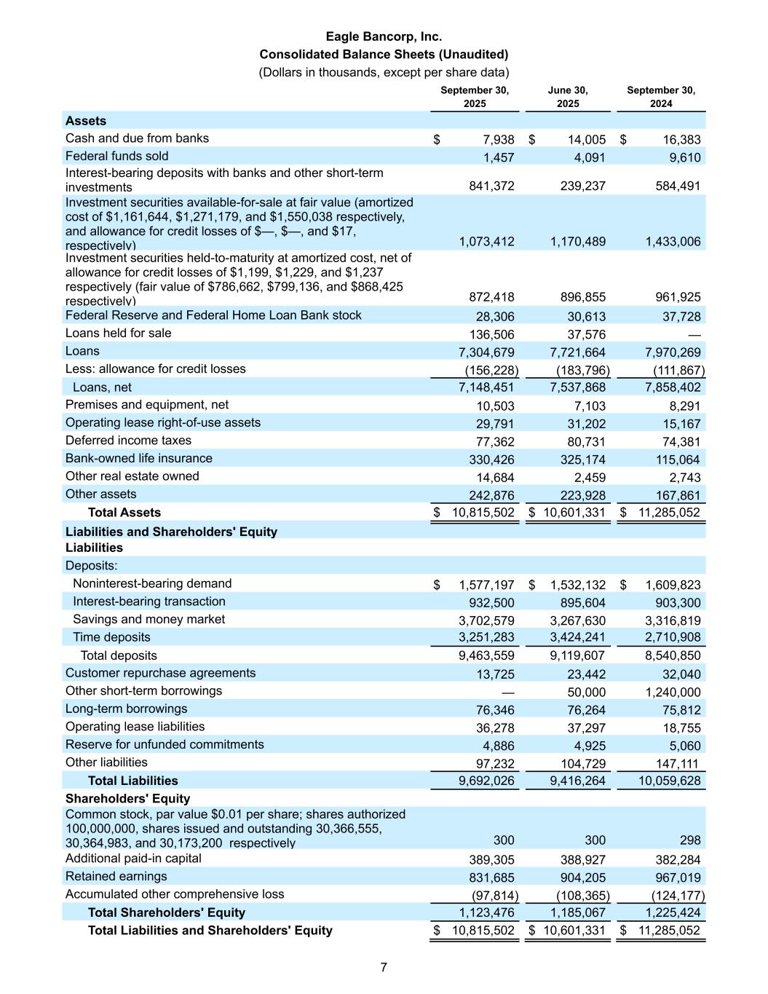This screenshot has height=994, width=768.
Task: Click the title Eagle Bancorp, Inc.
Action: [x=384, y=36]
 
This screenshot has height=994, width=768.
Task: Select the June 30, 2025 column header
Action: [x=568, y=97]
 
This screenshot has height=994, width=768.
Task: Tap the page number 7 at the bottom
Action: [x=384, y=967]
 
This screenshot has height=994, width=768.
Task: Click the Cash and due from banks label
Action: [x=137, y=138]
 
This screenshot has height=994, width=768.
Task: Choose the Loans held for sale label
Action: [x=119, y=334]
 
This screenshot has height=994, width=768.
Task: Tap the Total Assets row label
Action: [x=124, y=513]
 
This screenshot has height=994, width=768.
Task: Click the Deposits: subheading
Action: [x=92, y=566]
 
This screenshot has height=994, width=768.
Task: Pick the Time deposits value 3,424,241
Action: [x=578, y=637]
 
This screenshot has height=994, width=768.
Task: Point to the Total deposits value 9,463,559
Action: [x=486, y=655]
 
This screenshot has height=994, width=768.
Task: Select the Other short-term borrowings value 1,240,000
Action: [x=673, y=693]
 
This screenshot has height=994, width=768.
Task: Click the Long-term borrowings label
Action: [x=126, y=709]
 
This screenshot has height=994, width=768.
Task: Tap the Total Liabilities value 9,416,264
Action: [x=578, y=781]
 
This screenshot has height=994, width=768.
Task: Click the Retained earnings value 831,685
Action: [x=486, y=877]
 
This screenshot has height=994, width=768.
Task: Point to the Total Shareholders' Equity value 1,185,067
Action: [x=578, y=912]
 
